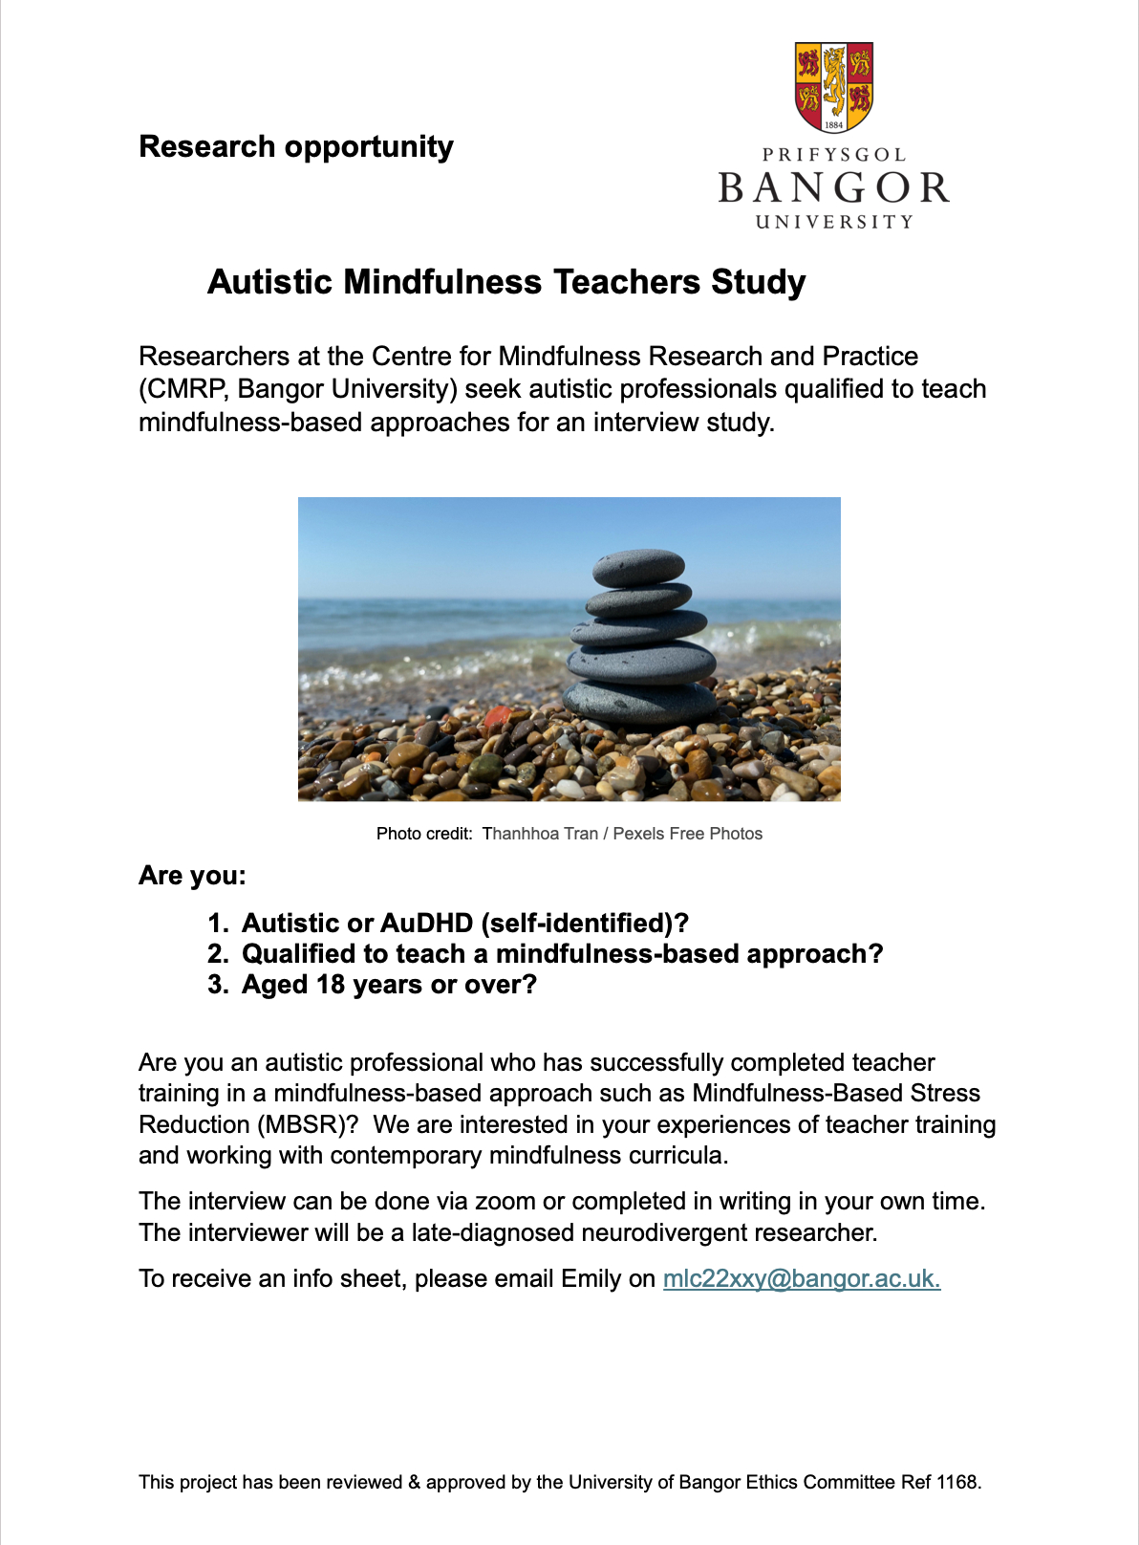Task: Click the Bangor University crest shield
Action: point(834,87)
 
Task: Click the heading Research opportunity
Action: point(296,146)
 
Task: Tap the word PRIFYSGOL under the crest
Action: point(834,155)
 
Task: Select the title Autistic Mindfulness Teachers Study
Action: point(506,282)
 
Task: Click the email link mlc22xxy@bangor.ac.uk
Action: point(802,1279)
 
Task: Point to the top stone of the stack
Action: point(638,567)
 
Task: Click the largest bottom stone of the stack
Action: point(639,702)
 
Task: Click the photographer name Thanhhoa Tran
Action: point(540,834)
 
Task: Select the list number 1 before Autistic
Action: point(216,924)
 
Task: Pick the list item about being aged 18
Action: point(389,985)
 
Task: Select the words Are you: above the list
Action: point(192,876)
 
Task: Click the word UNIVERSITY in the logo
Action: point(834,222)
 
